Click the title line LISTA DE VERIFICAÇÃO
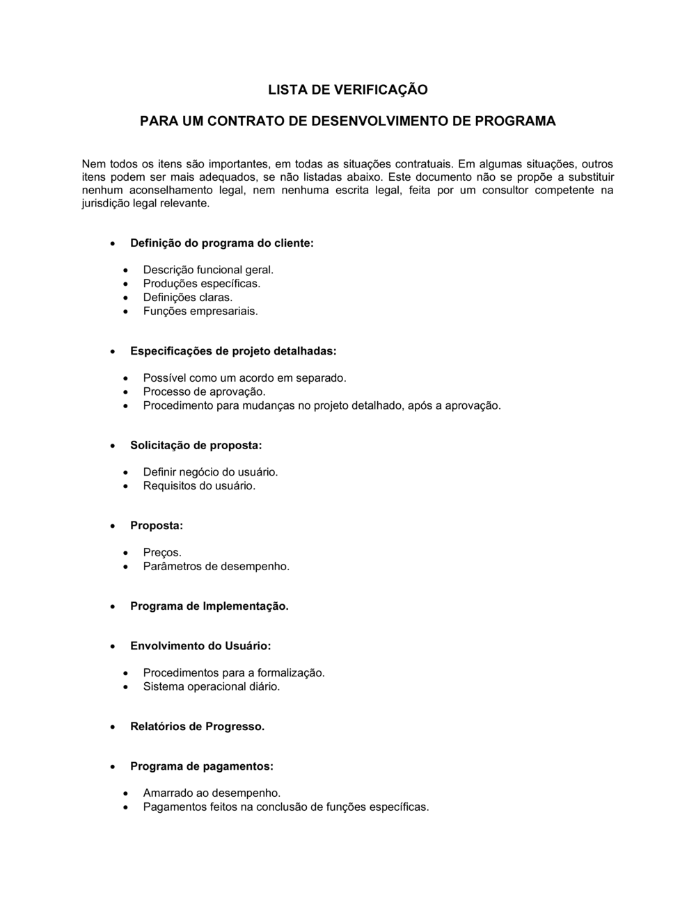click(348, 90)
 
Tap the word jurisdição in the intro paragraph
click(104, 204)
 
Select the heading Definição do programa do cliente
click(221, 243)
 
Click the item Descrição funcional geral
click(208, 270)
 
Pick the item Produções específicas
click(201, 284)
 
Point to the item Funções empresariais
click(200, 311)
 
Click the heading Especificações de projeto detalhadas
click(233, 351)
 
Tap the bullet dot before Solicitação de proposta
click(113, 446)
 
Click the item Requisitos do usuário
click(199, 485)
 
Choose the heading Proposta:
click(157, 526)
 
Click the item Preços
click(162, 552)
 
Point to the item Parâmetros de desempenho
click(216, 566)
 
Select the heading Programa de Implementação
click(209, 606)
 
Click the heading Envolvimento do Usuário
click(200, 646)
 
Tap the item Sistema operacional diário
click(212, 686)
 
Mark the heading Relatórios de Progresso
click(197, 727)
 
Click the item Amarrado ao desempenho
click(212, 793)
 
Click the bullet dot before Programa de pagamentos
click(113, 767)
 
